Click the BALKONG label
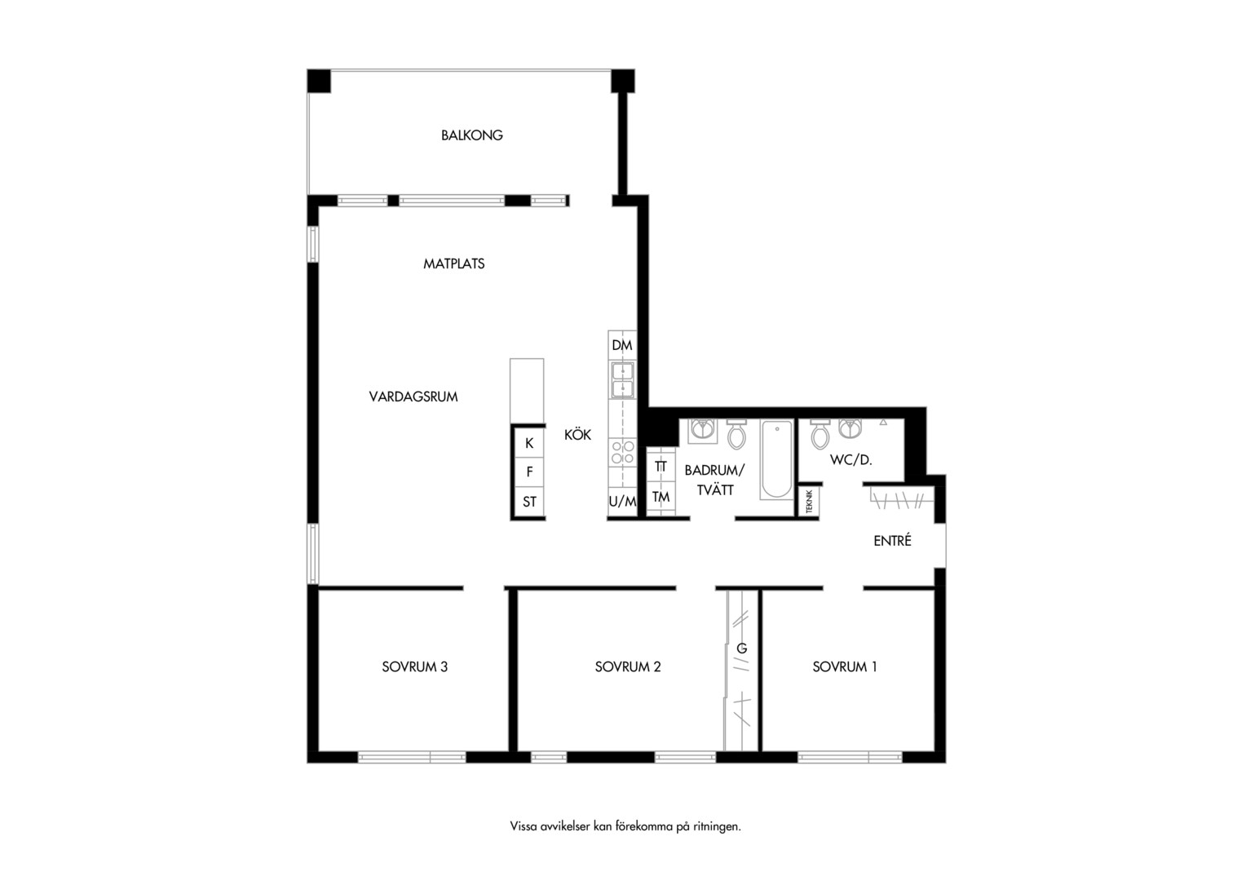click(x=471, y=135)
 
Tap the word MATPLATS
click(x=454, y=263)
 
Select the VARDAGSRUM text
click(x=413, y=396)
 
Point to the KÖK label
click(x=577, y=434)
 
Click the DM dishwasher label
click(x=622, y=346)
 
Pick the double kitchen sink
click(x=622, y=379)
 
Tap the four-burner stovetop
click(x=622, y=452)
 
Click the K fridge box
click(x=529, y=443)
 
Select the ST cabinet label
click(x=529, y=502)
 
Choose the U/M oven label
click(x=622, y=502)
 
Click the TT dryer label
click(x=661, y=467)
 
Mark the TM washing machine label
click(x=661, y=497)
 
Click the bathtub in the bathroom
click(x=776, y=459)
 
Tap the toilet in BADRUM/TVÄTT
click(x=736, y=434)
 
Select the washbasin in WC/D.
click(x=850, y=428)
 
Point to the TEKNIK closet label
click(x=809, y=502)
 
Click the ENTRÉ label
click(x=892, y=540)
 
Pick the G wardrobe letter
click(x=741, y=649)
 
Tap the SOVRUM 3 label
click(x=414, y=666)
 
